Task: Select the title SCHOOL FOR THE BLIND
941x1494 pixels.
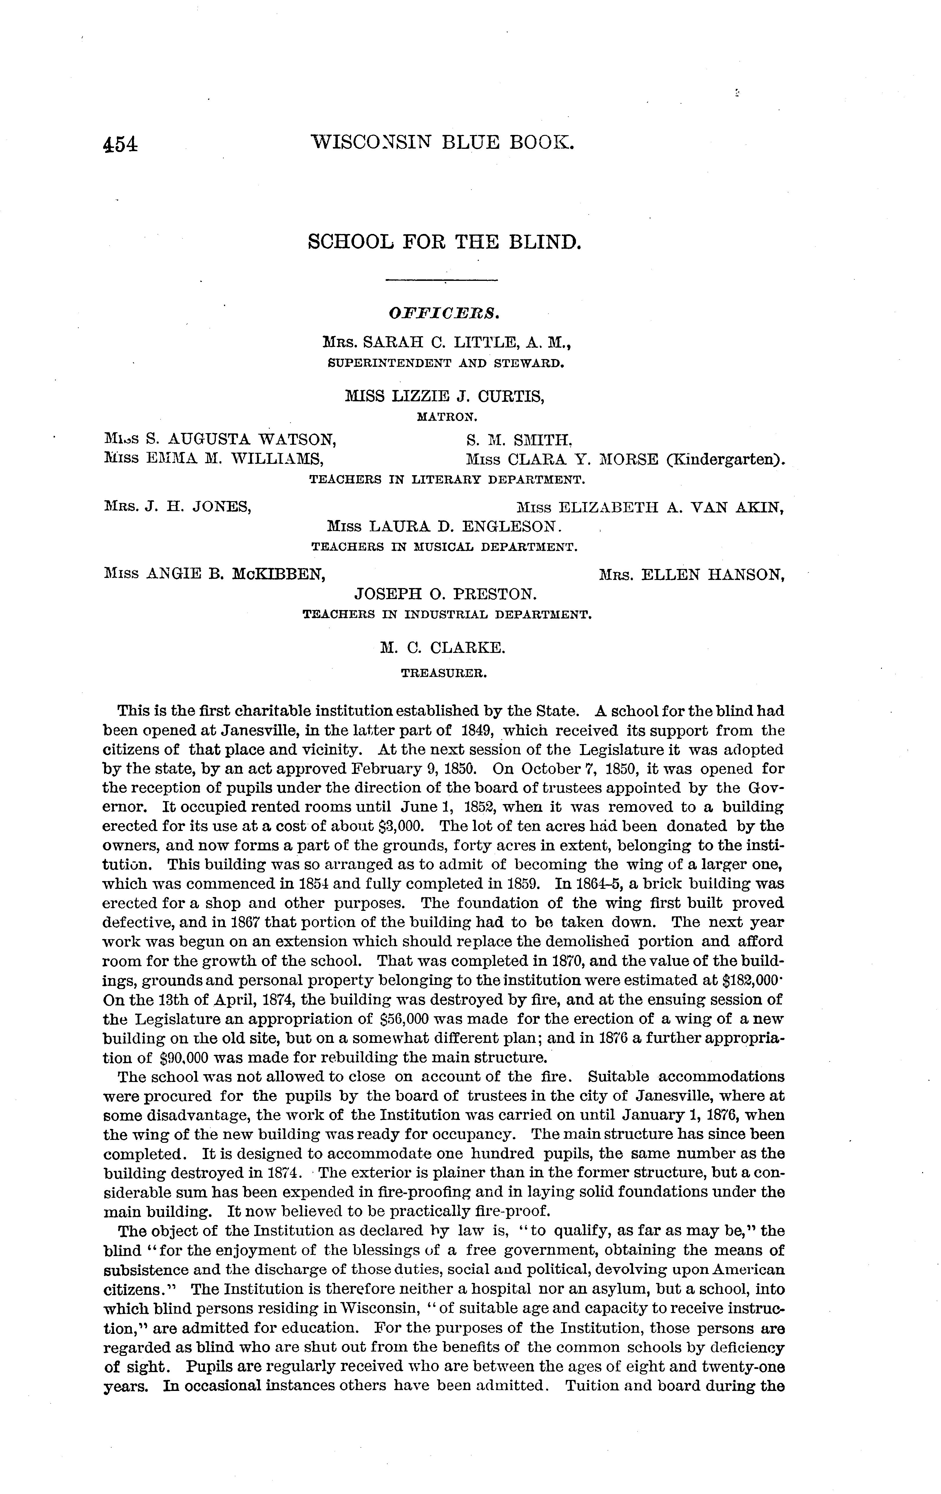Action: pos(444,241)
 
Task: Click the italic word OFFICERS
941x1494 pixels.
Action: pos(444,314)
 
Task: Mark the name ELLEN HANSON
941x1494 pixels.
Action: pos(711,575)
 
